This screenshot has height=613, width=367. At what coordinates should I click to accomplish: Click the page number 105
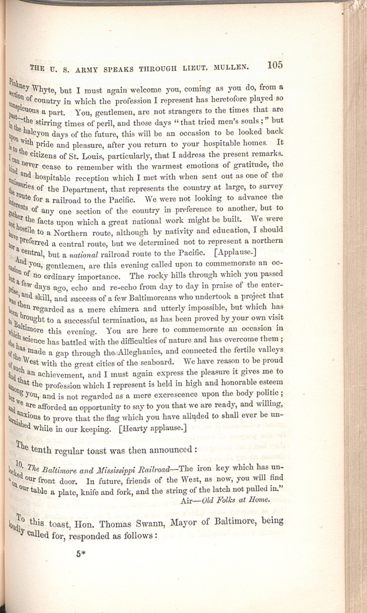point(276,65)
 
